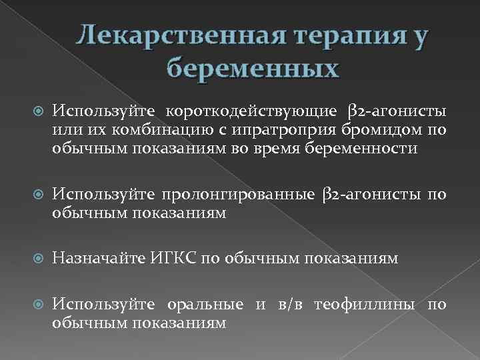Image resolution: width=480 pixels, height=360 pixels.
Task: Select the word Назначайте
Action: (96, 258)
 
